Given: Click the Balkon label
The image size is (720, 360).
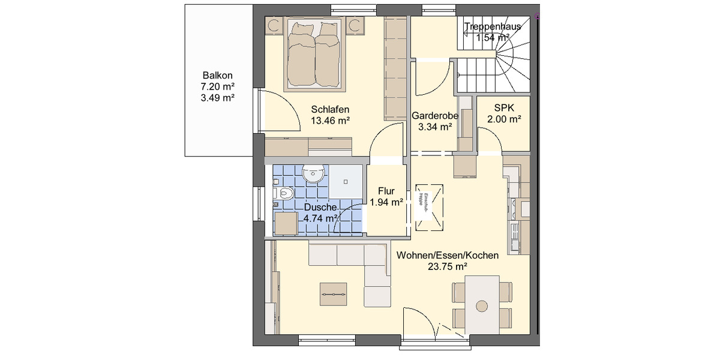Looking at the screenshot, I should pyautogui.click(x=217, y=76).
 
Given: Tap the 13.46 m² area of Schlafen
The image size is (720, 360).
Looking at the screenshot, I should pyautogui.click(x=330, y=120).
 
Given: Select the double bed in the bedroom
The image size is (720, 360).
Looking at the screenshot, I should pyautogui.click(x=315, y=53).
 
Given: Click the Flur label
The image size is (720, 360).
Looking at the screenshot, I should pyautogui.click(x=386, y=191).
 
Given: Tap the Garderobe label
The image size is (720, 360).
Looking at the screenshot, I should pyautogui.click(x=435, y=116).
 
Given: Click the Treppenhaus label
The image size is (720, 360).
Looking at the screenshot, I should pyautogui.click(x=493, y=26).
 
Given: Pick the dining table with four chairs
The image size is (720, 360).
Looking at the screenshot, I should pyautogui.click(x=483, y=304).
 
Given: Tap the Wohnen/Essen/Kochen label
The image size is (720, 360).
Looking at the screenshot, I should pyautogui.click(x=448, y=256).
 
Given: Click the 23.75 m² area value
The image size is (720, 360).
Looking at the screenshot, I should pyautogui.click(x=448, y=266).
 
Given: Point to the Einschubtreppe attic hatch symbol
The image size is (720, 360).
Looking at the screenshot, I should pyautogui.click(x=429, y=206).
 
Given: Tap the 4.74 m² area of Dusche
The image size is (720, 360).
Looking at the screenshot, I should pyautogui.click(x=320, y=218).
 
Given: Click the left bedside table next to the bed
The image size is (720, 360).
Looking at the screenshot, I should pyautogui.click(x=275, y=25).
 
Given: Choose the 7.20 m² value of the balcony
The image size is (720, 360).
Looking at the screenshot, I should pyautogui.click(x=217, y=87).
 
